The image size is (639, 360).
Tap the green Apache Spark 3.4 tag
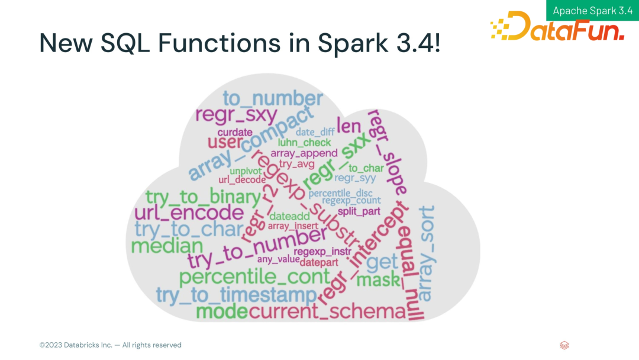592,11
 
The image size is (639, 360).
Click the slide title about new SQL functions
240,43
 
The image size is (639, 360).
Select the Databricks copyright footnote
111,345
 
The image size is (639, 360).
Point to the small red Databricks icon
564,345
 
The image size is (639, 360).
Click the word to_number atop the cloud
273,98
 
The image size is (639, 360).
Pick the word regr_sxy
236,116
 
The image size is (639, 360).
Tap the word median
167,245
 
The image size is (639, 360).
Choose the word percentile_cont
254,277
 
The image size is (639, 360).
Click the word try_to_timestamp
236,295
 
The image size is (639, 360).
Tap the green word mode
221,311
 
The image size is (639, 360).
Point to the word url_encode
189,213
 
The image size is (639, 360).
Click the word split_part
359,211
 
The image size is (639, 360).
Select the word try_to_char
189,229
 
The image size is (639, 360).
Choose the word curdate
235,132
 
